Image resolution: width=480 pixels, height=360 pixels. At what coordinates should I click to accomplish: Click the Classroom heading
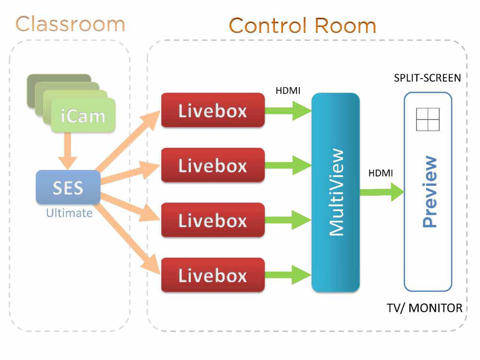pyautogui.click(x=70, y=24)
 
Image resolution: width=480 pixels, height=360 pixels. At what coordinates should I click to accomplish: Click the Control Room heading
pyautogui.click(x=302, y=25)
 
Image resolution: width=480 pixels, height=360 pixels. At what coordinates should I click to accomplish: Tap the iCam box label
pyautogui.click(x=83, y=116)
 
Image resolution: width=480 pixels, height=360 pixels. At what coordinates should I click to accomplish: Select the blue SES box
pyautogui.click(x=68, y=187)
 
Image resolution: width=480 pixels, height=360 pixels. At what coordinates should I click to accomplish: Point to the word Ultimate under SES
pyautogui.click(x=69, y=213)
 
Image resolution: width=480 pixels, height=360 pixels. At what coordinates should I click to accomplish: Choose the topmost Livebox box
pyautogui.click(x=212, y=110)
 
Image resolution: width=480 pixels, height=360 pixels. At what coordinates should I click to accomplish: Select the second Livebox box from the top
pyautogui.click(x=212, y=165)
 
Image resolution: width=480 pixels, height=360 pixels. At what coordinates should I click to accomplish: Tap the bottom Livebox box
pyautogui.click(x=212, y=275)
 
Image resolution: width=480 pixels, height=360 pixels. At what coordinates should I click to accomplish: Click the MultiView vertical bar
pyautogui.click(x=335, y=192)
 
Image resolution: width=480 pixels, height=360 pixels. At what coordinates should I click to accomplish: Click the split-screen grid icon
pyautogui.click(x=428, y=120)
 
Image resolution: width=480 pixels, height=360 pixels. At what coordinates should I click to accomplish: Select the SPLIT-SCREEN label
pyautogui.click(x=427, y=78)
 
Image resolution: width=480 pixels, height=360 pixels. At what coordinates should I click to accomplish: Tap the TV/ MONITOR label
pyautogui.click(x=425, y=308)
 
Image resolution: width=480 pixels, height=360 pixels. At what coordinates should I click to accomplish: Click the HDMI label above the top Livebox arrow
pyautogui.click(x=288, y=91)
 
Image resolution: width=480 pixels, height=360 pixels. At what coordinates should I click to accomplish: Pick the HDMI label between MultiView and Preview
pyautogui.click(x=381, y=173)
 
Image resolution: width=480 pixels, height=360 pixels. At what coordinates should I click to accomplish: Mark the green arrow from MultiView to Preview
pyautogui.click(x=382, y=192)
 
